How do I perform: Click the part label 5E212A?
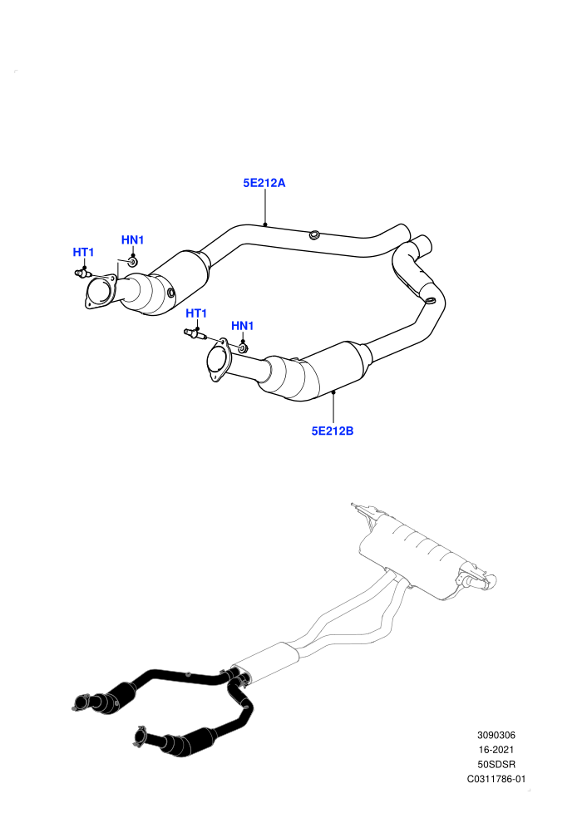[264, 183]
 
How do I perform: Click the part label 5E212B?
[333, 431]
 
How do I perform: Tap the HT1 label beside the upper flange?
[83, 253]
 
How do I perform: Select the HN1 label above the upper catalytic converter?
[132, 240]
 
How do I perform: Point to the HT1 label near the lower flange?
[196, 313]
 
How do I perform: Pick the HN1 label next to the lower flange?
[243, 326]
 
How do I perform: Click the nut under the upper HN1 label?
[132, 261]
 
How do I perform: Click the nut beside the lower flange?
[244, 348]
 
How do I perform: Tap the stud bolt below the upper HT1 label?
[82, 273]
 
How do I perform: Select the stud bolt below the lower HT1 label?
[195, 333]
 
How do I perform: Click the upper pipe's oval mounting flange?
[101, 292]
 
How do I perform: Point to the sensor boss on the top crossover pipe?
[313, 234]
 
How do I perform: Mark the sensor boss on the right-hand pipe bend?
[429, 301]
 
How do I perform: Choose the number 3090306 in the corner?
[496, 736]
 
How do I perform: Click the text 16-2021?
[496, 750]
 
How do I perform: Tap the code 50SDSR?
[496, 765]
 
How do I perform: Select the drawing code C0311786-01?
[496, 780]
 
